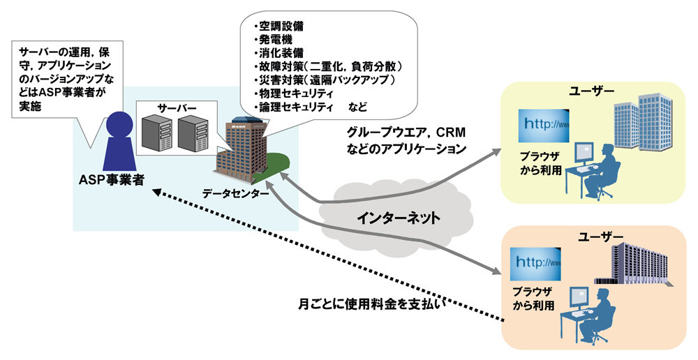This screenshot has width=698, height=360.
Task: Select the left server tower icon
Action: (x=156, y=135)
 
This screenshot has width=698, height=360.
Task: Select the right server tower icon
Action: (x=193, y=135)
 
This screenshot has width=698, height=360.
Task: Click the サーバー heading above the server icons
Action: (x=177, y=108)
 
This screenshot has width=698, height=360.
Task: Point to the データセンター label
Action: (x=235, y=194)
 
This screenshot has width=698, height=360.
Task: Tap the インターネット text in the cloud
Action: (x=399, y=218)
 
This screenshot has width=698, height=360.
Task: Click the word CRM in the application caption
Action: (x=450, y=133)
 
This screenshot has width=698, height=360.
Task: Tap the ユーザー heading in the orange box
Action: (x=600, y=237)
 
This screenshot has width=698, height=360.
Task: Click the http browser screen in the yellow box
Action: (x=544, y=126)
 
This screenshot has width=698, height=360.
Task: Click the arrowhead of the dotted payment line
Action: (x=156, y=192)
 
